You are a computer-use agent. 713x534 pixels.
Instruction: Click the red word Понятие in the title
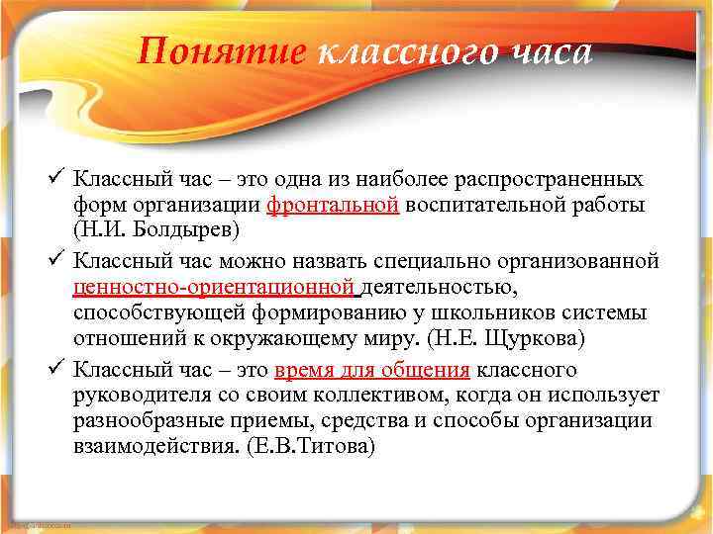click(x=223, y=51)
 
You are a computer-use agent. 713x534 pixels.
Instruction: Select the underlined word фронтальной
click(x=334, y=205)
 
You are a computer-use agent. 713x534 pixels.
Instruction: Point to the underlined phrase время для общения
click(x=372, y=371)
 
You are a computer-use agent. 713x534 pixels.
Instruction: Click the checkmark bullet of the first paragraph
click(x=57, y=180)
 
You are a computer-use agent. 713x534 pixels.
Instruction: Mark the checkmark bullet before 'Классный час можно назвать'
click(x=57, y=263)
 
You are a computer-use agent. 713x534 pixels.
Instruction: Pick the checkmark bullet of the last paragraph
click(x=57, y=371)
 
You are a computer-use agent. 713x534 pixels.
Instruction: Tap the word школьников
click(x=517, y=311)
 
